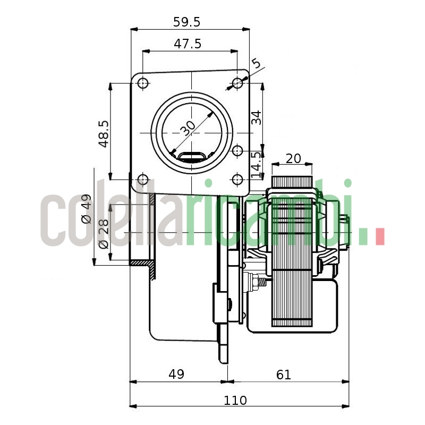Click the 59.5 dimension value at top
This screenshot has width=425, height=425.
(186, 22)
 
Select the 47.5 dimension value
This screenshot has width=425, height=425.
(188, 44)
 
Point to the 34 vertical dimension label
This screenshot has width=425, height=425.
(256, 117)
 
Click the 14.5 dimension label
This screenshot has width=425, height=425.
(256, 164)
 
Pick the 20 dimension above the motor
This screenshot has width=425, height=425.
(293, 158)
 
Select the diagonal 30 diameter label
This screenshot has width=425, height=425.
(188, 127)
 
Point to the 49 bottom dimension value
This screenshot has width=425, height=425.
(176, 374)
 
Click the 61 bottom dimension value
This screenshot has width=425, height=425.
(284, 374)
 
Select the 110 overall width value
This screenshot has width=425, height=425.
(235, 400)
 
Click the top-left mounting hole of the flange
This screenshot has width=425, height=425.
(142, 83)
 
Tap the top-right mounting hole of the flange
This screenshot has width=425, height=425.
(237, 83)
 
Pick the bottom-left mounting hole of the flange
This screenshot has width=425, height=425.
(142, 179)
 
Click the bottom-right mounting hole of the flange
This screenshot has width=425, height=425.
(237, 179)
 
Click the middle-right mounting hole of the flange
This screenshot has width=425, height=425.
(237, 151)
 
